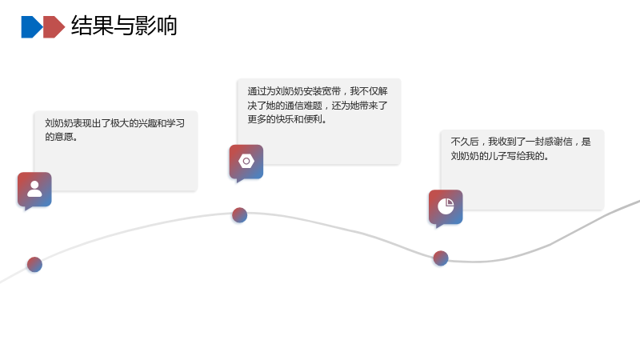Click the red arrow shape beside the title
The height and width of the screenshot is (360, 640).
coord(54,27)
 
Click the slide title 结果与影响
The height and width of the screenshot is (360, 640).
coord(124,26)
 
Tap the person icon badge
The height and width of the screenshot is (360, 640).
coord(34,190)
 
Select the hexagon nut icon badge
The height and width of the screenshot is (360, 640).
coord(246,162)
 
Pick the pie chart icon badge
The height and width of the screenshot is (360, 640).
coord(446,207)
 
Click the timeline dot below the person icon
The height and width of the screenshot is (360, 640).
coord(34,265)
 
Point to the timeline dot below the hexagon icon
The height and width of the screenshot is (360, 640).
coord(239,215)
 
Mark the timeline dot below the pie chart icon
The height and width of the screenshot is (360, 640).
coord(441,258)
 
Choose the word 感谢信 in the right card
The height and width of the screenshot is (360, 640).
coord(558,142)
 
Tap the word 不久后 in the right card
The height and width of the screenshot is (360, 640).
coord(465,142)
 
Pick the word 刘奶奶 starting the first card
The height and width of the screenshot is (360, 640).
coord(58,123)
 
